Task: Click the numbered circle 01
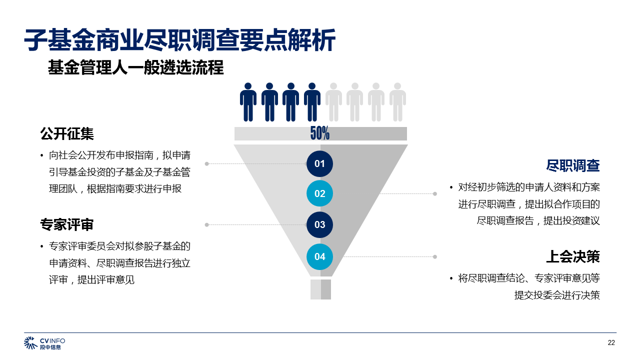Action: pyautogui.click(x=319, y=163)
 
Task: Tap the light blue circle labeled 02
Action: pyautogui.click(x=319, y=193)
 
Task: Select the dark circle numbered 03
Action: pyautogui.click(x=319, y=225)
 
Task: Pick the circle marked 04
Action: pyautogui.click(x=319, y=256)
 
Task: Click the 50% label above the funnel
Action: pyautogui.click(x=320, y=133)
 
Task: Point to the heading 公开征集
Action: pyautogui.click(x=67, y=134)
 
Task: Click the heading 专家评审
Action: pyautogui.click(x=67, y=225)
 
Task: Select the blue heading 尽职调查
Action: pyautogui.click(x=573, y=165)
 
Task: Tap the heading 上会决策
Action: pyautogui.click(x=573, y=256)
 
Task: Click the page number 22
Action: pyautogui.click(x=611, y=342)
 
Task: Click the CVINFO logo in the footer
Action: pyautogui.click(x=45, y=343)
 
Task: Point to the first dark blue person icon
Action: pyautogui.click(x=248, y=102)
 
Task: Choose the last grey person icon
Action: pyautogui.click(x=397, y=102)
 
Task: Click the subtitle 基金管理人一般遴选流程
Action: pyautogui.click(x=135, y=67)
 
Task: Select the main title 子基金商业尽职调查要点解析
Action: pyautogui.click(x=180, y=40)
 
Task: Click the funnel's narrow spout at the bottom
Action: pyautogui.click(x=320, y=289)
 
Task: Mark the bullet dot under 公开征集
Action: pyautogui.click(x=42, y=156)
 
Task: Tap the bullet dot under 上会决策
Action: pyautogui.click(x=451, y=278)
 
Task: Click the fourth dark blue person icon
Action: pyautogui.click(x=312, y=102)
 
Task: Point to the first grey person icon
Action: pyautogui.click(x=333, y=102)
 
